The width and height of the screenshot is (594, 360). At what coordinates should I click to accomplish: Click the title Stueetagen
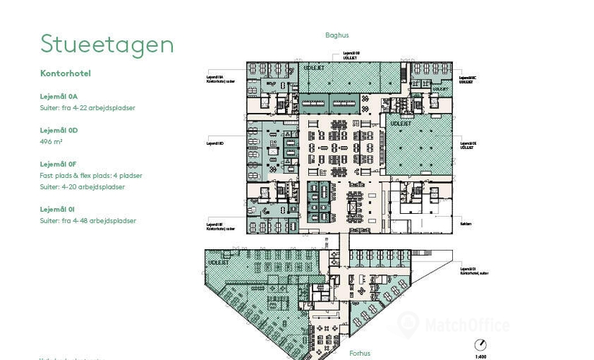tap(107, 45)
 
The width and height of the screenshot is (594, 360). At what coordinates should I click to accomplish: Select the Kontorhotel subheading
tap(66, 73)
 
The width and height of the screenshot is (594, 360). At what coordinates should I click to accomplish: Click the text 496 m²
tap(52, 142)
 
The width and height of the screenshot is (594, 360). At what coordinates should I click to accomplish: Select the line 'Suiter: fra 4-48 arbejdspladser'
tap(88, 221)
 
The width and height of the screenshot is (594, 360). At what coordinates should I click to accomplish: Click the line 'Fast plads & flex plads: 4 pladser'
tap(91, 176)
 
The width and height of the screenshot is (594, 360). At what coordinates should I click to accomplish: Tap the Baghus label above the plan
tap(336, 35)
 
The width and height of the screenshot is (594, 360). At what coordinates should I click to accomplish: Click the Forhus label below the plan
tap(360, 354)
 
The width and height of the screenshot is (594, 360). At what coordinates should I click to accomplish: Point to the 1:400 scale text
tap(481, 356)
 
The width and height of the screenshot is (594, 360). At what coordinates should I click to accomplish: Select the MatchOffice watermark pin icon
tap(410, 325)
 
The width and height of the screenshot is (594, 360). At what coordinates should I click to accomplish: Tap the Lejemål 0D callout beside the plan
tap(215, 143)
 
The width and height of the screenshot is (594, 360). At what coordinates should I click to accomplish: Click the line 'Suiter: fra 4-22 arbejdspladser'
tap(88, 108)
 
